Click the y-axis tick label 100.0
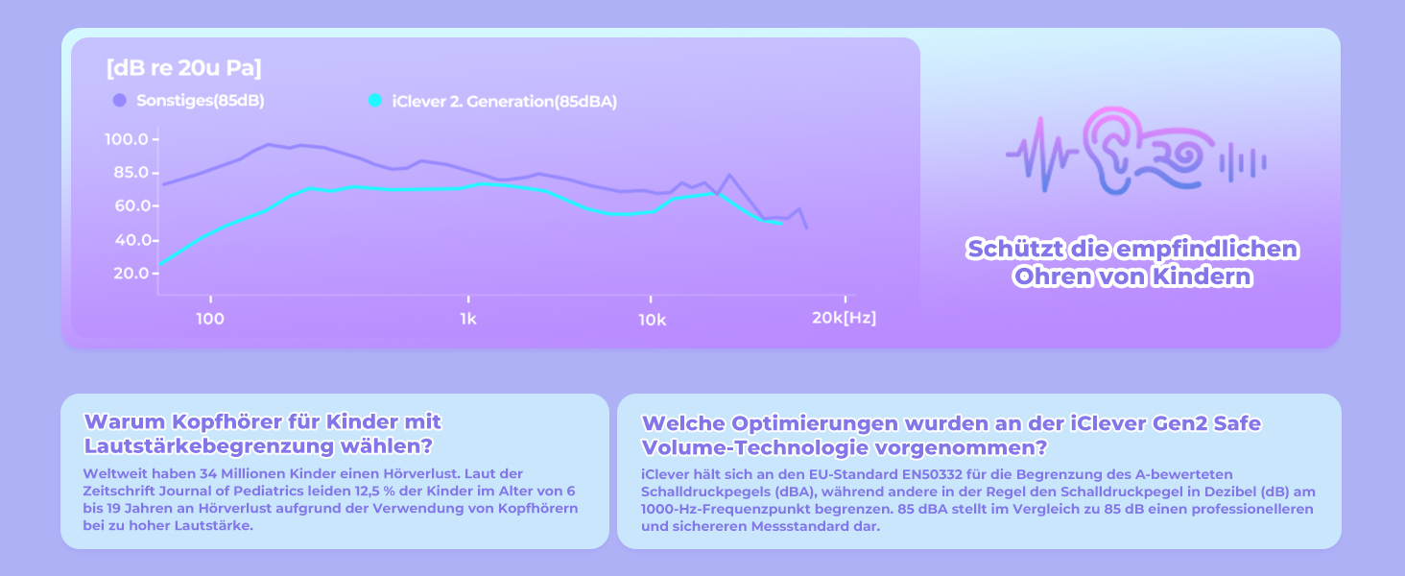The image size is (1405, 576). click(x=127, y=138)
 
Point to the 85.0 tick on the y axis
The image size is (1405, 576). click(x=131, y=172)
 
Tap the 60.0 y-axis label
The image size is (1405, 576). click(x=131, y=205)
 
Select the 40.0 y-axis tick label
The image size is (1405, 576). click(x=131, y=240)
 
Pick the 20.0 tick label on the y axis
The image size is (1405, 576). click(x=131, y=273)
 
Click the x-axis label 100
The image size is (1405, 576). click(x=210, y=319)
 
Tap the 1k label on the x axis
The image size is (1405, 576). click(x=468, y=320)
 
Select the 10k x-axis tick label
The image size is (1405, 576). click(x=653, y=320)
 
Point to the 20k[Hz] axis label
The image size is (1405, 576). click(x=845, y=318)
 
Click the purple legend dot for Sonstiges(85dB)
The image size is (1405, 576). click(x=119, y=101)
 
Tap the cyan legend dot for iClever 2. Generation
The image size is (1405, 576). click(x=375, y=101)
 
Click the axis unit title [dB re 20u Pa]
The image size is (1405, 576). click(x=183, y=68)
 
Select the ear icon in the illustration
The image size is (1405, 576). click(x=1113, y=151)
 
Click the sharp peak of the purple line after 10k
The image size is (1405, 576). click(x=728, y=175)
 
